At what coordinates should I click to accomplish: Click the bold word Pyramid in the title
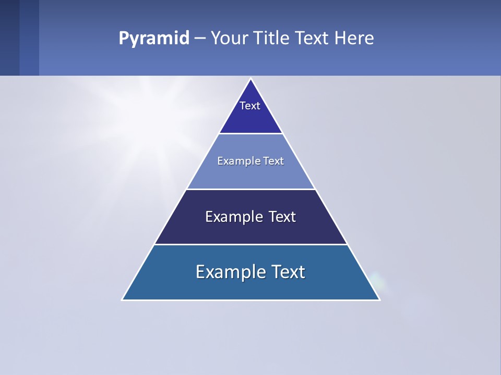(x=154, y=39)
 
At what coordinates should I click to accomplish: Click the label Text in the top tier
(x=250, y=106)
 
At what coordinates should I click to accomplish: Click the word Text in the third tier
(x=282, y=217)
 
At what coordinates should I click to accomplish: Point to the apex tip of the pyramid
(x=250, y=79)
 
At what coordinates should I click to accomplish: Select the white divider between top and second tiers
(x=250, y=134)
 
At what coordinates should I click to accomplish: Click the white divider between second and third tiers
(x=250, y=189)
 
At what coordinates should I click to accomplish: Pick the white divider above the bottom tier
(x=250, y=244)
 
